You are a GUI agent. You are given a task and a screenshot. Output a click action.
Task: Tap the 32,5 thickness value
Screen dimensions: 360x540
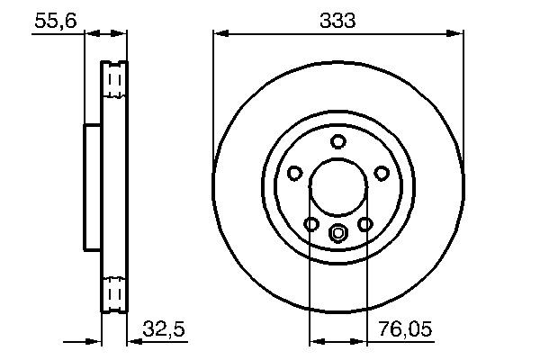pos(164,330)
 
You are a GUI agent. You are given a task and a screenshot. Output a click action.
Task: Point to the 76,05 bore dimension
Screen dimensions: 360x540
pos(404,330)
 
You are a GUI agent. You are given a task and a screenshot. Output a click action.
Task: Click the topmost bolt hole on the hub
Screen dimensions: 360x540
pos(338,141)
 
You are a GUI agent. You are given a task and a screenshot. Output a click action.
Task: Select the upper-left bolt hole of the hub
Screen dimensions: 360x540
pos(295,173)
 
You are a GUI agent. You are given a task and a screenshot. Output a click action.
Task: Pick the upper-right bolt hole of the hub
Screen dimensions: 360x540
pos(382,173)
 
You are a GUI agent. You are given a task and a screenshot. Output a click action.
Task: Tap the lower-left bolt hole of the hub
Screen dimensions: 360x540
pos(311,224)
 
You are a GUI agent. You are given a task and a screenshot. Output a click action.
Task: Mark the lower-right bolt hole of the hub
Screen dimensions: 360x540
pos(365,224)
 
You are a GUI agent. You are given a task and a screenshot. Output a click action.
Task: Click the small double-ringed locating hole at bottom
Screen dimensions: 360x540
pos(338,236)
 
